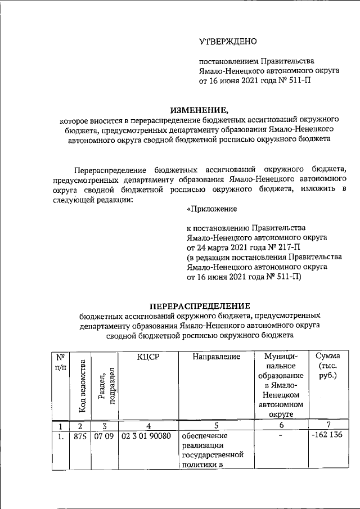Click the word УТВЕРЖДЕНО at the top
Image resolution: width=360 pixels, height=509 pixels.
point(228,42)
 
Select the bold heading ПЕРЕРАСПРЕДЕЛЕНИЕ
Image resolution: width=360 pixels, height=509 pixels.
point(199,305)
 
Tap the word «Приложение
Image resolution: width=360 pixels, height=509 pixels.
point(211,209)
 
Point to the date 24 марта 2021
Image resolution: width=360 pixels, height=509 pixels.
point(221,247)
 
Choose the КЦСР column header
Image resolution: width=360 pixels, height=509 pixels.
point(149,357)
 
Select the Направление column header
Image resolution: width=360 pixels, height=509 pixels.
point(216,357)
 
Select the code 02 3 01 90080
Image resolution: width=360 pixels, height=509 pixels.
point(148,436)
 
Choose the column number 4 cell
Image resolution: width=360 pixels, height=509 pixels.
point(148,425)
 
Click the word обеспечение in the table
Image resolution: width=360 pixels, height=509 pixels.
point(203,436)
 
